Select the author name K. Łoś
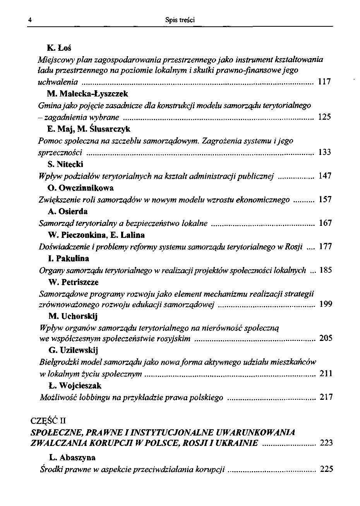pyautogui.click(x=60, y=48)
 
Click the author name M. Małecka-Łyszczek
pyautogui.click(x=87, y=94)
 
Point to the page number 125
pyautogui.click(x=324, y=117)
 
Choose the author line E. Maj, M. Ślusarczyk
pyautogui.click(x=89, y=129)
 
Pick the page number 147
pyautogui.click(x=325, y=176)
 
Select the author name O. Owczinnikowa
pyautogui.click(x=81, y=188)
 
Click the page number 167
pyautogui.click(x=325, y=223)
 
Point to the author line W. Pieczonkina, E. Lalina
pyautogui.click(x=96, y=235)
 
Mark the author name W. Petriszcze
pyautogui.click(x=74, y=282)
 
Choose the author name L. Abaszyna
pyautogui.click(x=72, y=458)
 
